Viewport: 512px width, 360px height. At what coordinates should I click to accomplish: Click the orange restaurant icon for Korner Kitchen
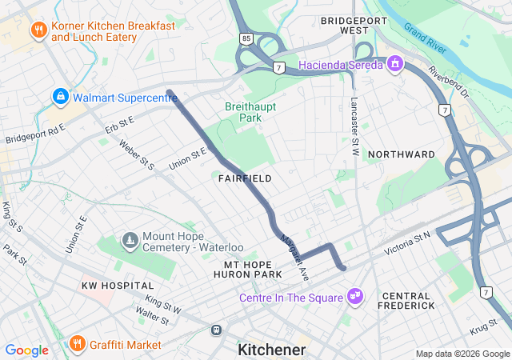(38, 31)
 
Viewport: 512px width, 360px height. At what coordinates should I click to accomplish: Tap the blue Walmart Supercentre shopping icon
(60, 98)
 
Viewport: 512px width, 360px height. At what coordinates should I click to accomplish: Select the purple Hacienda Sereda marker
(394, 64)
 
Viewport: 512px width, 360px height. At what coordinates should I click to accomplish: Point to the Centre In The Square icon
(355, 298)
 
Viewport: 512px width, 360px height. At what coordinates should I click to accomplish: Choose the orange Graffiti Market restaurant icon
(78, 345)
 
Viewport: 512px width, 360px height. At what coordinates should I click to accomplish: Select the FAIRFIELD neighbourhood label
(245, 178)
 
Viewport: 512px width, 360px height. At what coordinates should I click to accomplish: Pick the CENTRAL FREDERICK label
(408, 301)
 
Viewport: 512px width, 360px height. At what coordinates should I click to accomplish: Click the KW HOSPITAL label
(117, 286)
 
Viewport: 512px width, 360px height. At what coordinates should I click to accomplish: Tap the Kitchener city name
(271, 350)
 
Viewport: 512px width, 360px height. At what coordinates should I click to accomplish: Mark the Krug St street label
(483, 329)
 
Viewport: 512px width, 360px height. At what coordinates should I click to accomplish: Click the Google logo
(26, 350)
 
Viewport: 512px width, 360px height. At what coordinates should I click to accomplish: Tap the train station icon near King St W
(216, 330)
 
